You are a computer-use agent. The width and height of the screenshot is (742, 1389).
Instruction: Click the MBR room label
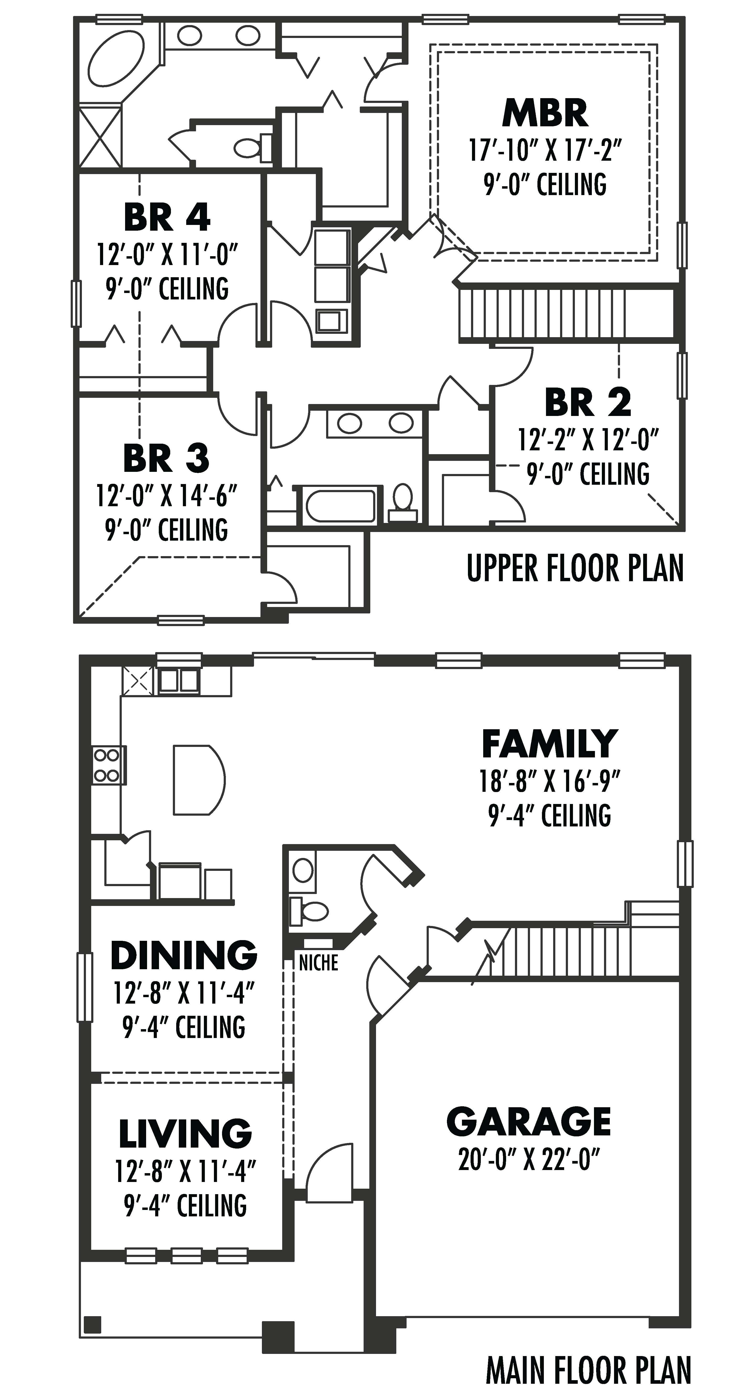(x=545, y=113)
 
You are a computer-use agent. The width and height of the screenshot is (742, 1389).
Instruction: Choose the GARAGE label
(x=529, y=1122)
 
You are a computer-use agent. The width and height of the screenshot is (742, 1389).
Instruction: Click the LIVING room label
(x=185, y=1134)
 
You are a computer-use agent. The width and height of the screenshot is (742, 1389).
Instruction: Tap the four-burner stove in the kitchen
(x=107, y=765)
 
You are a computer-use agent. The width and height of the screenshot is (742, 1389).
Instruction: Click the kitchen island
(x=197, y=779)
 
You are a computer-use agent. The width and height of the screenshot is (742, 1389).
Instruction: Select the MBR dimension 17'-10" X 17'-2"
(x=545, y=150)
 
